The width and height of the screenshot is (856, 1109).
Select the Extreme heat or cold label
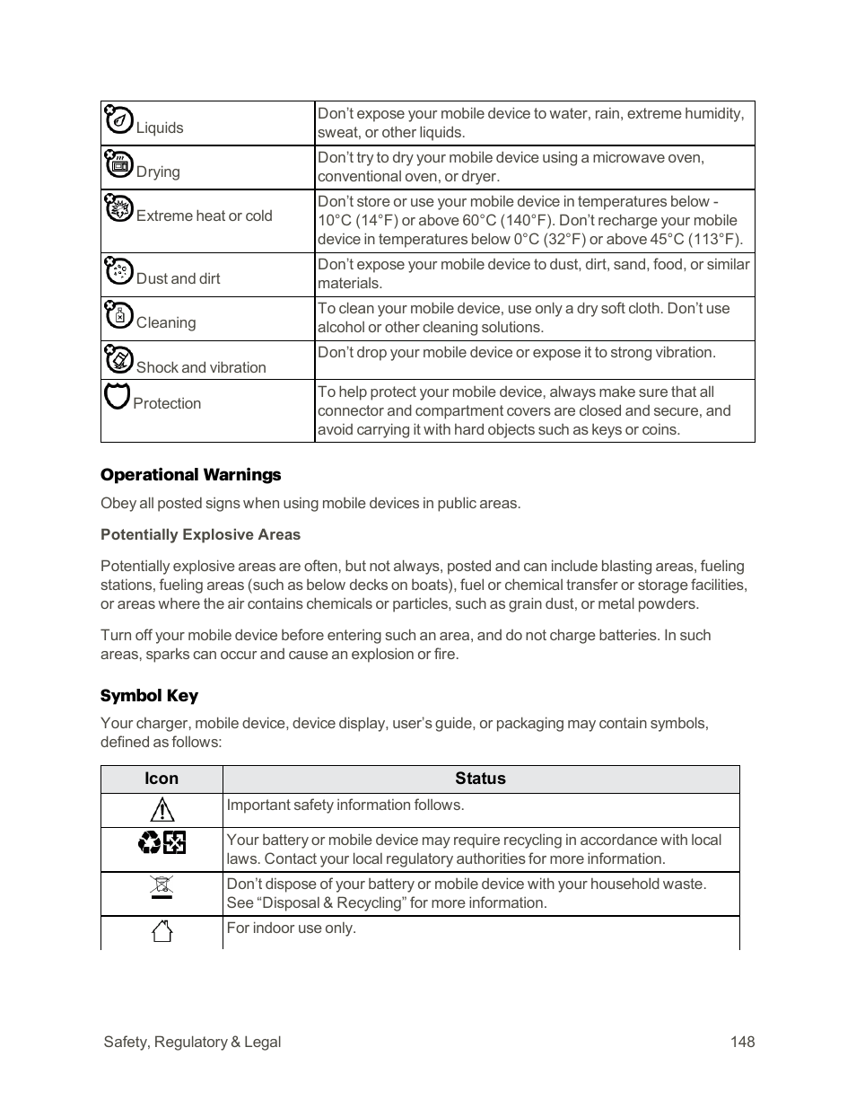point(204,216)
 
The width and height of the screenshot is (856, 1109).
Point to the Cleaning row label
point(165,322)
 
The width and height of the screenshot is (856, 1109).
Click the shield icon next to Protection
point(117,395)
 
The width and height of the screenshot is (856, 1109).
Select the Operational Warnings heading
point(190,475)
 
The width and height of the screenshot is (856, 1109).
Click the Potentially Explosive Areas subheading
point(200,534)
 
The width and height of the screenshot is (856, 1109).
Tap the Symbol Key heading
point(149,696)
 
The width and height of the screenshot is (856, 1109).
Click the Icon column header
point(162,779)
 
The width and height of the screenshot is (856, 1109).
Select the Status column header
point(480,779)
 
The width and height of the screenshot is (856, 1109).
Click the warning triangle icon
point(162,810)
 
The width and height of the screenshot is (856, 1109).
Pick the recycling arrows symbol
point(150,842)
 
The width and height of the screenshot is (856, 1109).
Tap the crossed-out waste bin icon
point(162,887)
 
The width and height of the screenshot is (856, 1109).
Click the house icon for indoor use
point(162,931)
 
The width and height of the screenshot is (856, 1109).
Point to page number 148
point(742,1042)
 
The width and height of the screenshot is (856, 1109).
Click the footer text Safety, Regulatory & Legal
point(192,1042)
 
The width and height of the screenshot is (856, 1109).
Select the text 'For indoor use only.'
point(291,928)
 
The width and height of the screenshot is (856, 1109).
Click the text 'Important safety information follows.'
point(345,805)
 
